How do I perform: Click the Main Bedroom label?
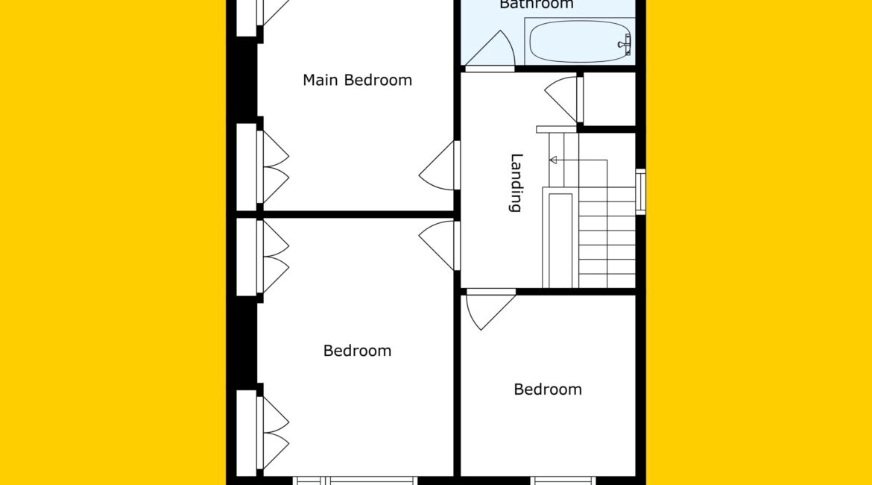click(x=357, y=80)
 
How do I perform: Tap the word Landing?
click(x=516, y=183)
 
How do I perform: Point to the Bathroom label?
click(x=536, y=4)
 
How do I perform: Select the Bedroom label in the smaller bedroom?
click(x=548, y=389)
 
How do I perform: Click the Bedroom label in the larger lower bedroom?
click(x=357, y=351)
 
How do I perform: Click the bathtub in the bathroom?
click(x=579, y=42)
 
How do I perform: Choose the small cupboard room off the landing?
click(x=610, y=99)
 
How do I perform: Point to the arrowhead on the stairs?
click(x=553, y=160)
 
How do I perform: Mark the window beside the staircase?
click(x=641, y=192)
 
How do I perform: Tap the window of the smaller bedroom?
click(x=562, y=481)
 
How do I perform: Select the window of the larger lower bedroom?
click(x=355, y=481)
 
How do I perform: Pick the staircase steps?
click(x=607, y=237)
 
